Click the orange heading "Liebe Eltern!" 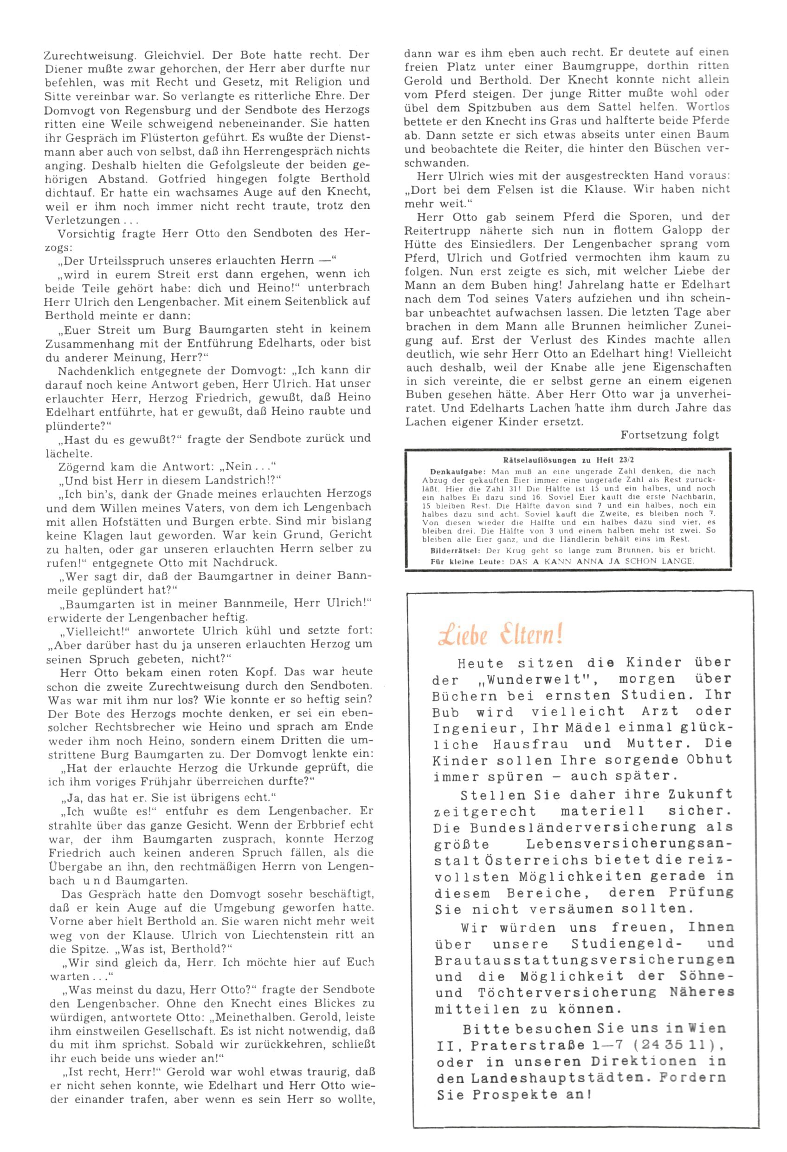[500, 635]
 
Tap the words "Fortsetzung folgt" [669, 435]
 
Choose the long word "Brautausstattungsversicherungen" [584, 960]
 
